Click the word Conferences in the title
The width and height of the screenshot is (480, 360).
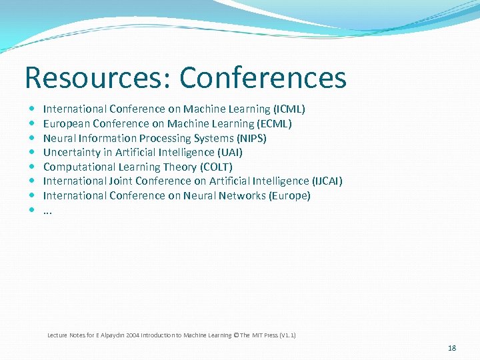pos(263,77)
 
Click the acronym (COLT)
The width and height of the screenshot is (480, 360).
pos(216,167)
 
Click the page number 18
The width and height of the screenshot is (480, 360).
pos(452,348)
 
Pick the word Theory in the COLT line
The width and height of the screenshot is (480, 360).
pos(180,167)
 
